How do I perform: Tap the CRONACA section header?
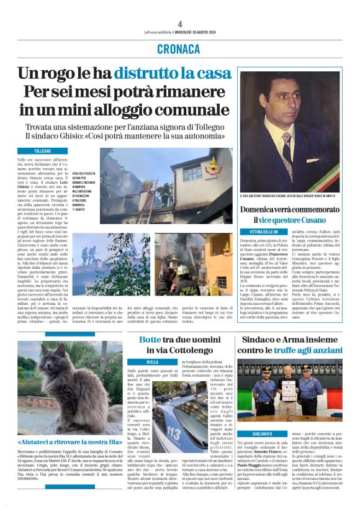(180, 48)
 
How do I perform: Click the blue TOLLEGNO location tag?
(43, 151)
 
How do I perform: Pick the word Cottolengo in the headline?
(182, 351)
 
